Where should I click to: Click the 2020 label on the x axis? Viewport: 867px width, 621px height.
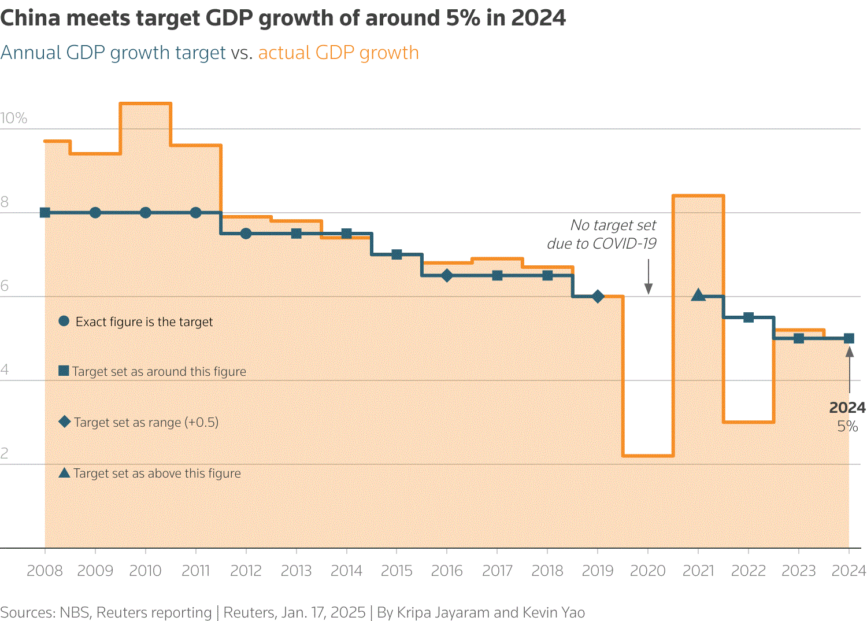(647, 571)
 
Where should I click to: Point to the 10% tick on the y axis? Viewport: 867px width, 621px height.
(14, 119)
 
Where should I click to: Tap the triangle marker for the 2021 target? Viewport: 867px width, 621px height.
(698, 295)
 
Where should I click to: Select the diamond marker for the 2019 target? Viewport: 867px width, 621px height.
(598, 297)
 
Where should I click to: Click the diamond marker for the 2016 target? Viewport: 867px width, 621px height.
(447, 276)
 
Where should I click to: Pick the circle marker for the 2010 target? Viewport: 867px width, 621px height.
(146, 213)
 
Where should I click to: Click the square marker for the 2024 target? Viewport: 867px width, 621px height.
(849, 338)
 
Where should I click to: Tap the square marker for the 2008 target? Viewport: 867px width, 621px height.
(45, 213)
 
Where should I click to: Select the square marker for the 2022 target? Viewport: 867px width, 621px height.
(749, 317)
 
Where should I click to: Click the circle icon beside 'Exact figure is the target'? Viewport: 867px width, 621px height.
(64, 321)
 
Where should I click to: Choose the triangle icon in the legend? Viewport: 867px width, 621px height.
(65, 473)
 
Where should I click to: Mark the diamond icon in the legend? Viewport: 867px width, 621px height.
(65, 422)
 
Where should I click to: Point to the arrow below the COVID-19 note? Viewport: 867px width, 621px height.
(648, 277)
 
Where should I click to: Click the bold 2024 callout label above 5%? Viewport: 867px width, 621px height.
(847, 408)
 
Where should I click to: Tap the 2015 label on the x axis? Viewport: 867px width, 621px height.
(397, 571)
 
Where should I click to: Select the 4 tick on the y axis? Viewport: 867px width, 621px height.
(5, 370)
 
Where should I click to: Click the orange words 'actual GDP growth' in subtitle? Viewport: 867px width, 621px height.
(338, 53)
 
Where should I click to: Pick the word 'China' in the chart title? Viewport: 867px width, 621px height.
(30, 19)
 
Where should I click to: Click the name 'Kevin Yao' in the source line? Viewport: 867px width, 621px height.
(554, 612)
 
